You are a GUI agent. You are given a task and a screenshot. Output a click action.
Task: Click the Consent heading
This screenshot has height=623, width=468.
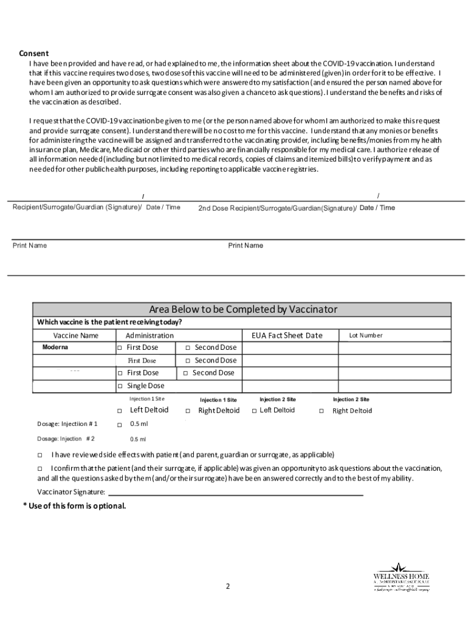point(33,53)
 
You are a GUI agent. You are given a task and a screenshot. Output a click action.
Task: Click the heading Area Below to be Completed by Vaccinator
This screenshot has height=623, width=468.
point(243,310)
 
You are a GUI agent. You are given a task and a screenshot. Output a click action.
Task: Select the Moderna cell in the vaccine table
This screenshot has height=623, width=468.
point(55,347)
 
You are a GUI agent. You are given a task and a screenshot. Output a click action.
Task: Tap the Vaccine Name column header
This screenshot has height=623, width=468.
point(75,335)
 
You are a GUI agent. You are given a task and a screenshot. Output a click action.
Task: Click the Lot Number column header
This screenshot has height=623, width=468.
point(365,335)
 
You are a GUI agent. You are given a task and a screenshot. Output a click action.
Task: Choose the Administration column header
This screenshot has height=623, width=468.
point(150,335)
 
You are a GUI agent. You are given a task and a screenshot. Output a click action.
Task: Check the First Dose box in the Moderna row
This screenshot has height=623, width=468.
point(120,347)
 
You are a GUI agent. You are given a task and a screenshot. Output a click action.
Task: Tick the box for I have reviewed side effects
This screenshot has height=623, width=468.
point(40,454)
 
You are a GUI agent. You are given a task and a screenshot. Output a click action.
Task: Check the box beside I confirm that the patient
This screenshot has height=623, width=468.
point(40,468)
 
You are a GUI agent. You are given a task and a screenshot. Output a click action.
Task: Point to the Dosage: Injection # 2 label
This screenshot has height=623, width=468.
point(66,439)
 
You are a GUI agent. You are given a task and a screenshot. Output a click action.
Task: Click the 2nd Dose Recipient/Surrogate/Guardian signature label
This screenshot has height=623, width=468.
point(277,208)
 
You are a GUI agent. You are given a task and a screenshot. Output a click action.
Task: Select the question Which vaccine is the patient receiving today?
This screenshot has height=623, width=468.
point(109,322)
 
